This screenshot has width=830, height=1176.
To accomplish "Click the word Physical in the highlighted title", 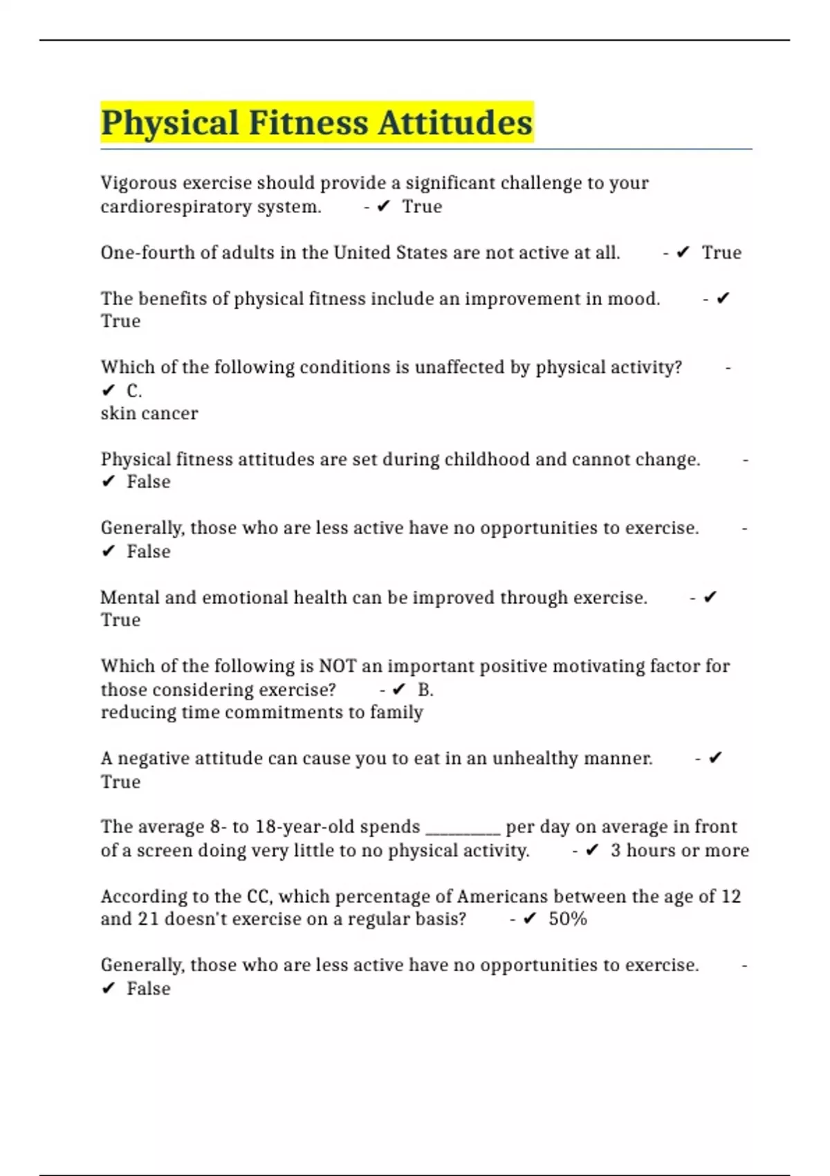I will (170, 123).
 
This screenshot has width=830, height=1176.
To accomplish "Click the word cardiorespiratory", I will (176, 207).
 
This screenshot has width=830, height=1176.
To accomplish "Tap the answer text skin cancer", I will (149, 414).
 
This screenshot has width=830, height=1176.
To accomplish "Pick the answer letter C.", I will (134, 391).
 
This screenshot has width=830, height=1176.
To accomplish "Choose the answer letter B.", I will (425, 690).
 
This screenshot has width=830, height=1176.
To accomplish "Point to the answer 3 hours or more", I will (679, 850).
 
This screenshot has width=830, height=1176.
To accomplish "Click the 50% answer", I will (568, 919).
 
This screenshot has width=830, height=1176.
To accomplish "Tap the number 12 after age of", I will (730, 897).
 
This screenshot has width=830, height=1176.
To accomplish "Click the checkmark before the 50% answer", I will (530, 919).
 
